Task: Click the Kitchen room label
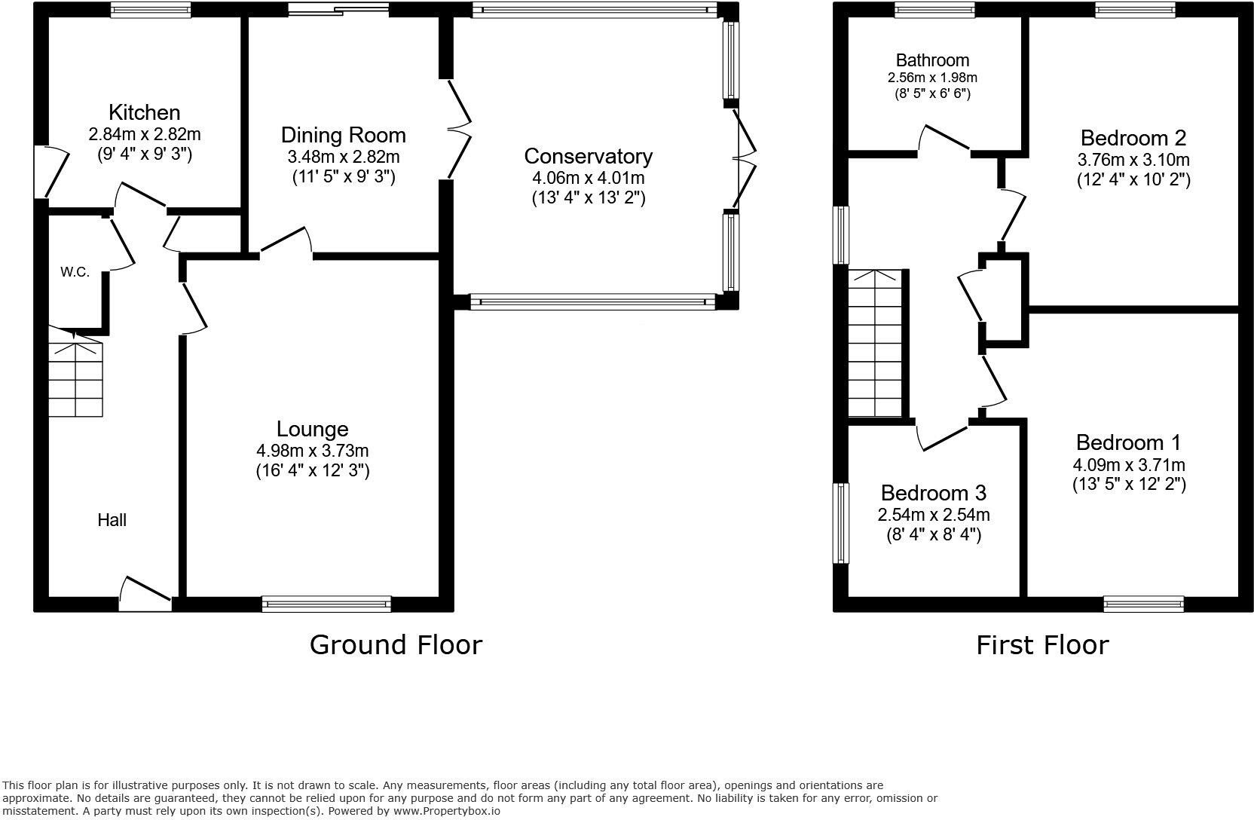(145, 112)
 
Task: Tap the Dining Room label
(343, 135)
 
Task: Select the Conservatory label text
(589, 156)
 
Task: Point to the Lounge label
(313, 430)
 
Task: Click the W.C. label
(75, 272)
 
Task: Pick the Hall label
(112, 520)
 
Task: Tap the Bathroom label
(933, 60)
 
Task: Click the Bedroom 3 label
(934, 493)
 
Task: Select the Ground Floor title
(396, 645)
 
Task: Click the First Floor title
(1042, 645)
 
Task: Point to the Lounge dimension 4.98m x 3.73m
(313, 450)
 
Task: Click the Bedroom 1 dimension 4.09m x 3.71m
(1129, 464)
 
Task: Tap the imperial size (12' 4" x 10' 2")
(1133, 179)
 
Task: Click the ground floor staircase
(75, 372)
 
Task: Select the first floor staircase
(875, 344)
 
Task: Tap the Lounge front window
(326, 604)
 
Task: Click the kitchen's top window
(150, 10)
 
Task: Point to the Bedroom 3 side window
(841, 523)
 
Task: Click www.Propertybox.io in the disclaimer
(446, 811)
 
